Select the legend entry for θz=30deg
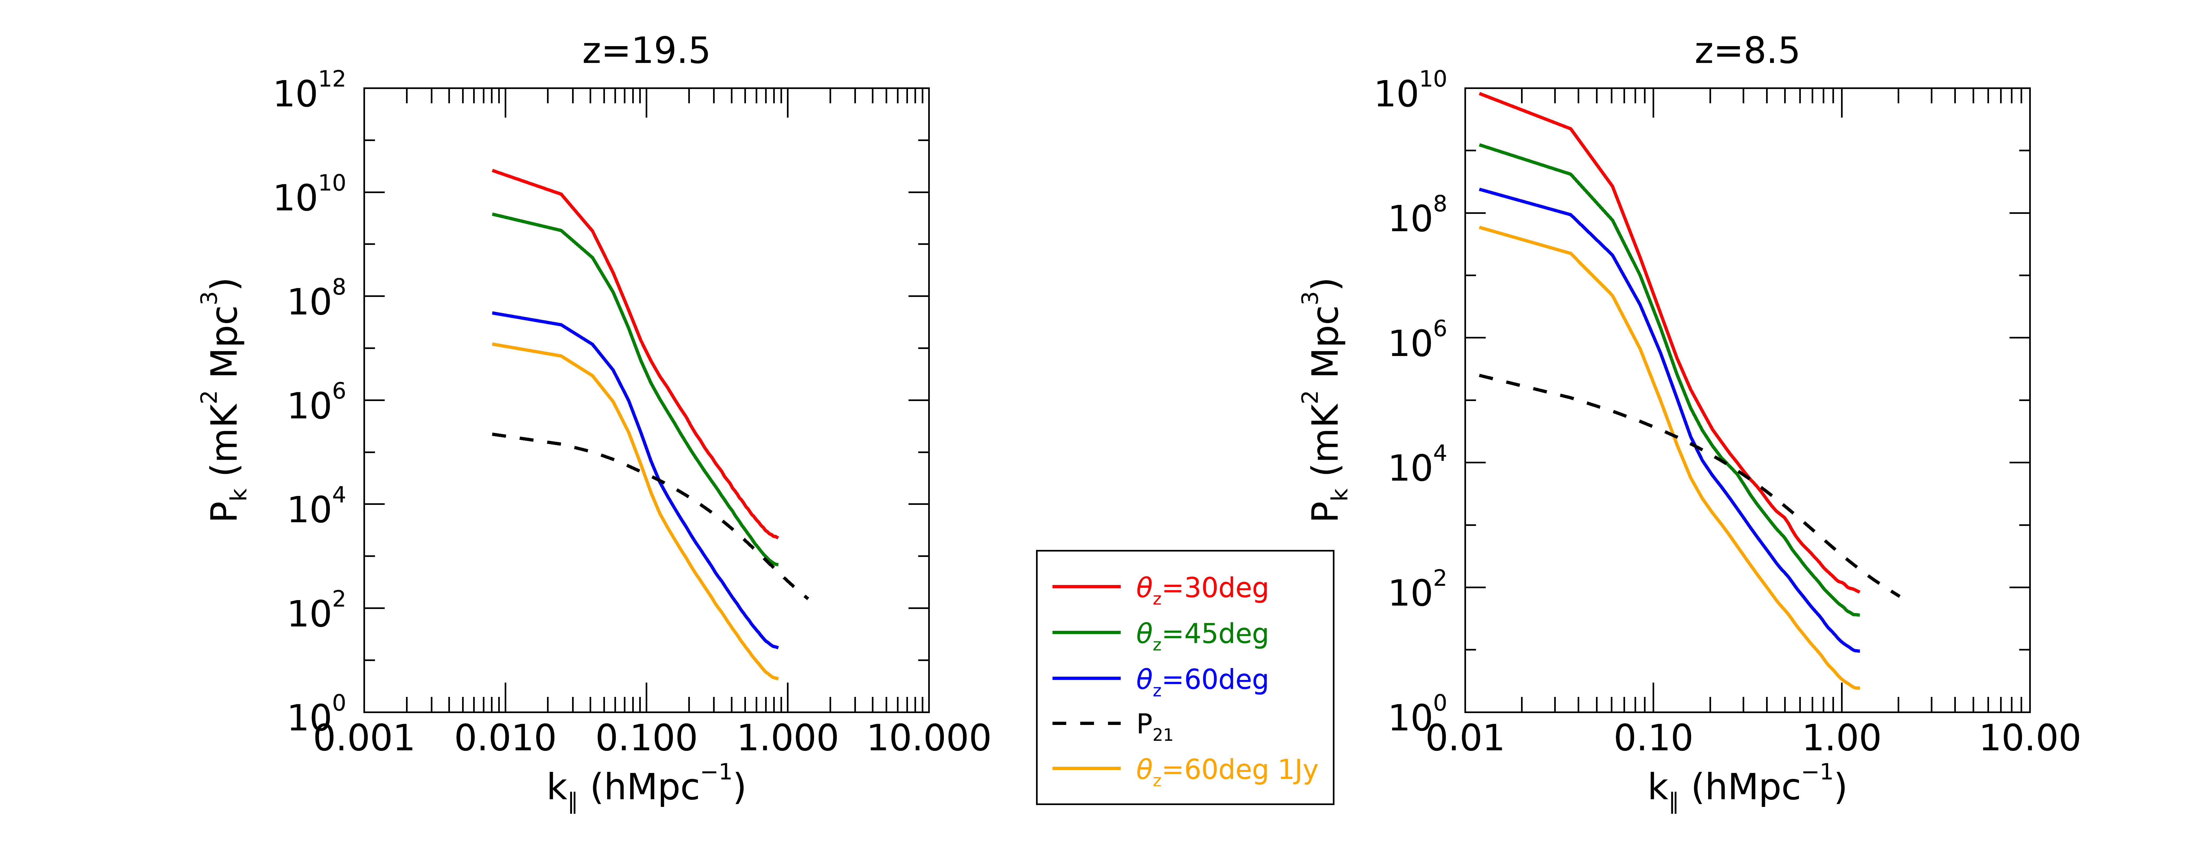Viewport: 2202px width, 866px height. (x=1201, y=588)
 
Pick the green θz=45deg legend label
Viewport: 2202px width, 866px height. (x=1201, y=634)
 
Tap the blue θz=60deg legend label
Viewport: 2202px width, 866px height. (x=1201, y=680)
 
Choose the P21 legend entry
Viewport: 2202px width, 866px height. (x=1154, y=725)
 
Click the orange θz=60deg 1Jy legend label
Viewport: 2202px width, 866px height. (x=1226, y=770)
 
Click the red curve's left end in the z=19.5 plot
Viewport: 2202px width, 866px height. (x=493, y=171)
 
